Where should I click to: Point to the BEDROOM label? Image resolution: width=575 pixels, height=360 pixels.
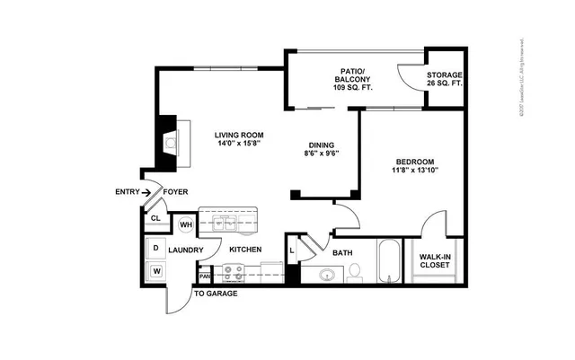point(414,162)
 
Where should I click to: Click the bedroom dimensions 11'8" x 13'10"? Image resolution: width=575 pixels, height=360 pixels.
point(414,172)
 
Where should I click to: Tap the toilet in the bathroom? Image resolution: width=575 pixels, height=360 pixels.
point(354,270)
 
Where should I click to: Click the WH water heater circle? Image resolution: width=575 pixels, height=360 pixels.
point(186,224)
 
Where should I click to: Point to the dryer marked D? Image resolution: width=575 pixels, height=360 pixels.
point(155,249)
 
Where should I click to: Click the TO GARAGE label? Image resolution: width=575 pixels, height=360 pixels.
point(216,293)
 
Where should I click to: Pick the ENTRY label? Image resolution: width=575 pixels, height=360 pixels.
point(127,191)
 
